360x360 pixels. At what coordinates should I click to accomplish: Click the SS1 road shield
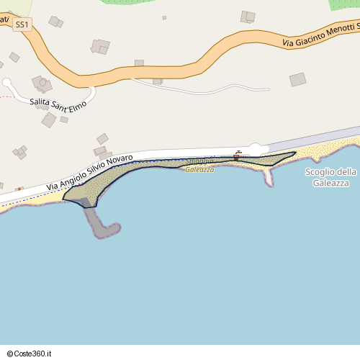click(22, 24)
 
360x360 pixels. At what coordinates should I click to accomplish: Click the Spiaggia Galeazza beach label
click(200, 166)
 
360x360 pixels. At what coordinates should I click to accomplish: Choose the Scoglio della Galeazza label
click(330, 177)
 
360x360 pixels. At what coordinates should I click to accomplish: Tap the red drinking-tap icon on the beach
click(238, 155)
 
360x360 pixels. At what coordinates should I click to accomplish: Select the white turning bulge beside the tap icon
click(255, 148)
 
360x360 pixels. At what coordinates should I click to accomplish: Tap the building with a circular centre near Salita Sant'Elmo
click(42, 84)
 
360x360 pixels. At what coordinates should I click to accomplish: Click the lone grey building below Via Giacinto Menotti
click(297, 79)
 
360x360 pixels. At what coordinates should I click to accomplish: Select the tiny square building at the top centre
click(164, 17)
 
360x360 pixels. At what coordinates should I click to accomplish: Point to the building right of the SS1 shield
click(55, 22)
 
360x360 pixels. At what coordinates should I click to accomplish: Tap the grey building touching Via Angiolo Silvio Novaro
click(101, 151)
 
